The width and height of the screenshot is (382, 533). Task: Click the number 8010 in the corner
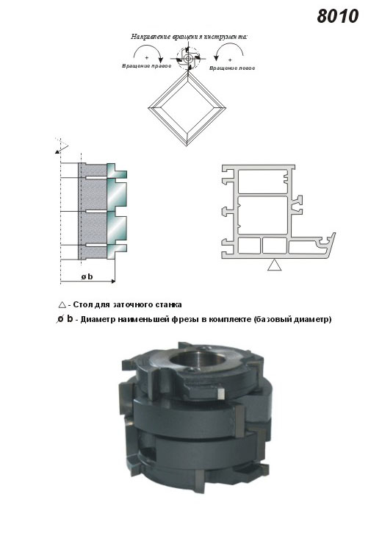pos(337,16)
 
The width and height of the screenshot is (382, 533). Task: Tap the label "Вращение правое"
pos(146,65)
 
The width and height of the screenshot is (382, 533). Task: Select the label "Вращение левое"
pos(232,68)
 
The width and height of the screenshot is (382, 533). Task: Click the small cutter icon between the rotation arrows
pos(187,59)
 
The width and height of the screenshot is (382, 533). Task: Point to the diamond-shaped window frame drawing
pos(187,109)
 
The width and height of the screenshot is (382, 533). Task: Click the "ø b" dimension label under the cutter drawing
pos(87,276)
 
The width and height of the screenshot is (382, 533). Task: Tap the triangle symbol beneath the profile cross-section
pos(274,265)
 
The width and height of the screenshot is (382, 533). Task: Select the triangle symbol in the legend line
pos(62,304)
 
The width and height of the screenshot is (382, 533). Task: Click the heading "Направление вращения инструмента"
pos(189,37)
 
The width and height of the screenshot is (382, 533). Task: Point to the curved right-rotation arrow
pos(148,53)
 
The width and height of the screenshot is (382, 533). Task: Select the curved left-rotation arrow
pos(229,52)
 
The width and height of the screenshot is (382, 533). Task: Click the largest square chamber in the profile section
pos(263,215)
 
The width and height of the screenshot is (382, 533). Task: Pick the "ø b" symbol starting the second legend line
pos(65,319)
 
